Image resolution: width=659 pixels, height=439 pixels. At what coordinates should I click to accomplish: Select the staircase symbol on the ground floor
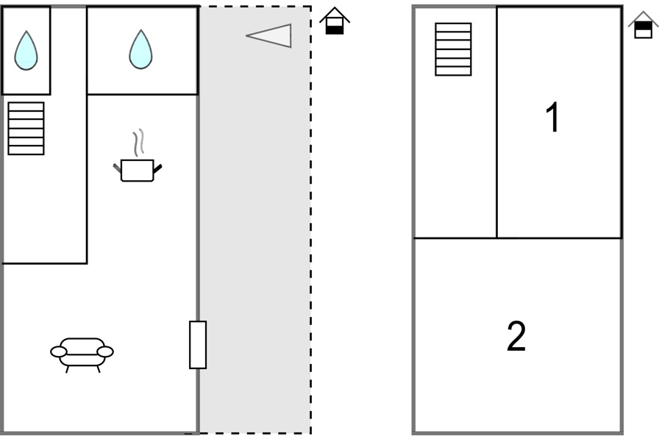point(26,128)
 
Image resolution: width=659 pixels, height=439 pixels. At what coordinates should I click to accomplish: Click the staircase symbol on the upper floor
point(453,49)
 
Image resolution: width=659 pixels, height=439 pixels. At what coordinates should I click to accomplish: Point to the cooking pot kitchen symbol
point(137,170)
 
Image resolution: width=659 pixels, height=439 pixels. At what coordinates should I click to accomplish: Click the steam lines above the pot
point(138,143)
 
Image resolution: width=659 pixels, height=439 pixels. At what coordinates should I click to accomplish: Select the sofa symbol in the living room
point(82,352)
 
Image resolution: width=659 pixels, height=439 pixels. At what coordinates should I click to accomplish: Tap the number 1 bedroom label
point(552,118)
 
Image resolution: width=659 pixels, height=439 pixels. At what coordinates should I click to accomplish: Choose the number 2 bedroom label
point(517,337)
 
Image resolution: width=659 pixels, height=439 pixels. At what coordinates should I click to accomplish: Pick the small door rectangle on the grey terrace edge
point(198,344)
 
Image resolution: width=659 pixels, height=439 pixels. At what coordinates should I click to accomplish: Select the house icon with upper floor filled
point(643,25)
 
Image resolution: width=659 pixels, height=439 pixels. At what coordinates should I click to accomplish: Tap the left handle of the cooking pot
point(117,171)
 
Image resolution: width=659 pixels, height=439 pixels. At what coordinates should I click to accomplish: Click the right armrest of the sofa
point(105,352)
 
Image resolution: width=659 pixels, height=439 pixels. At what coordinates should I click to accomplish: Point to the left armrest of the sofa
point(59,352)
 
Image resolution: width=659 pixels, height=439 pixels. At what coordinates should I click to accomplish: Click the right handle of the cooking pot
point(157,169)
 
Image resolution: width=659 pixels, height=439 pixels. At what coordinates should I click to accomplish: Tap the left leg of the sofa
point(68,369)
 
